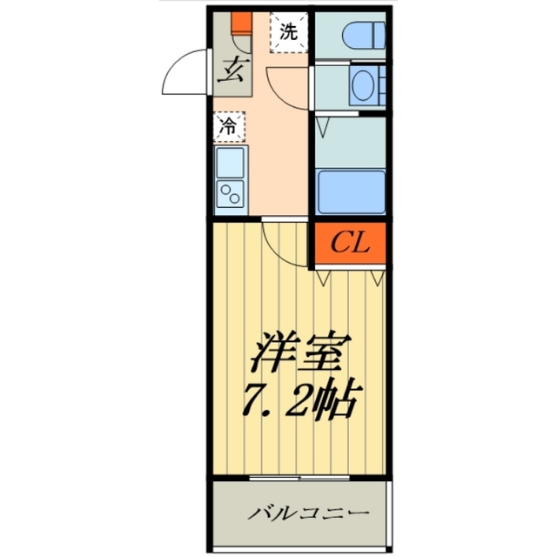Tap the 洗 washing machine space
[x=287, y=32]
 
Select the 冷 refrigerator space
[x=230, y=125]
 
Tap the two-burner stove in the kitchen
[x=232, y=192]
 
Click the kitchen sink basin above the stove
[x=232, y=161]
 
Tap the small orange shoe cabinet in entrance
[x=241, y=22]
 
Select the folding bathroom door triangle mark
[x=325, y=127]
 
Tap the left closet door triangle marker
[x=325, y=278]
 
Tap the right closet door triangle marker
[x=377, y=278]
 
